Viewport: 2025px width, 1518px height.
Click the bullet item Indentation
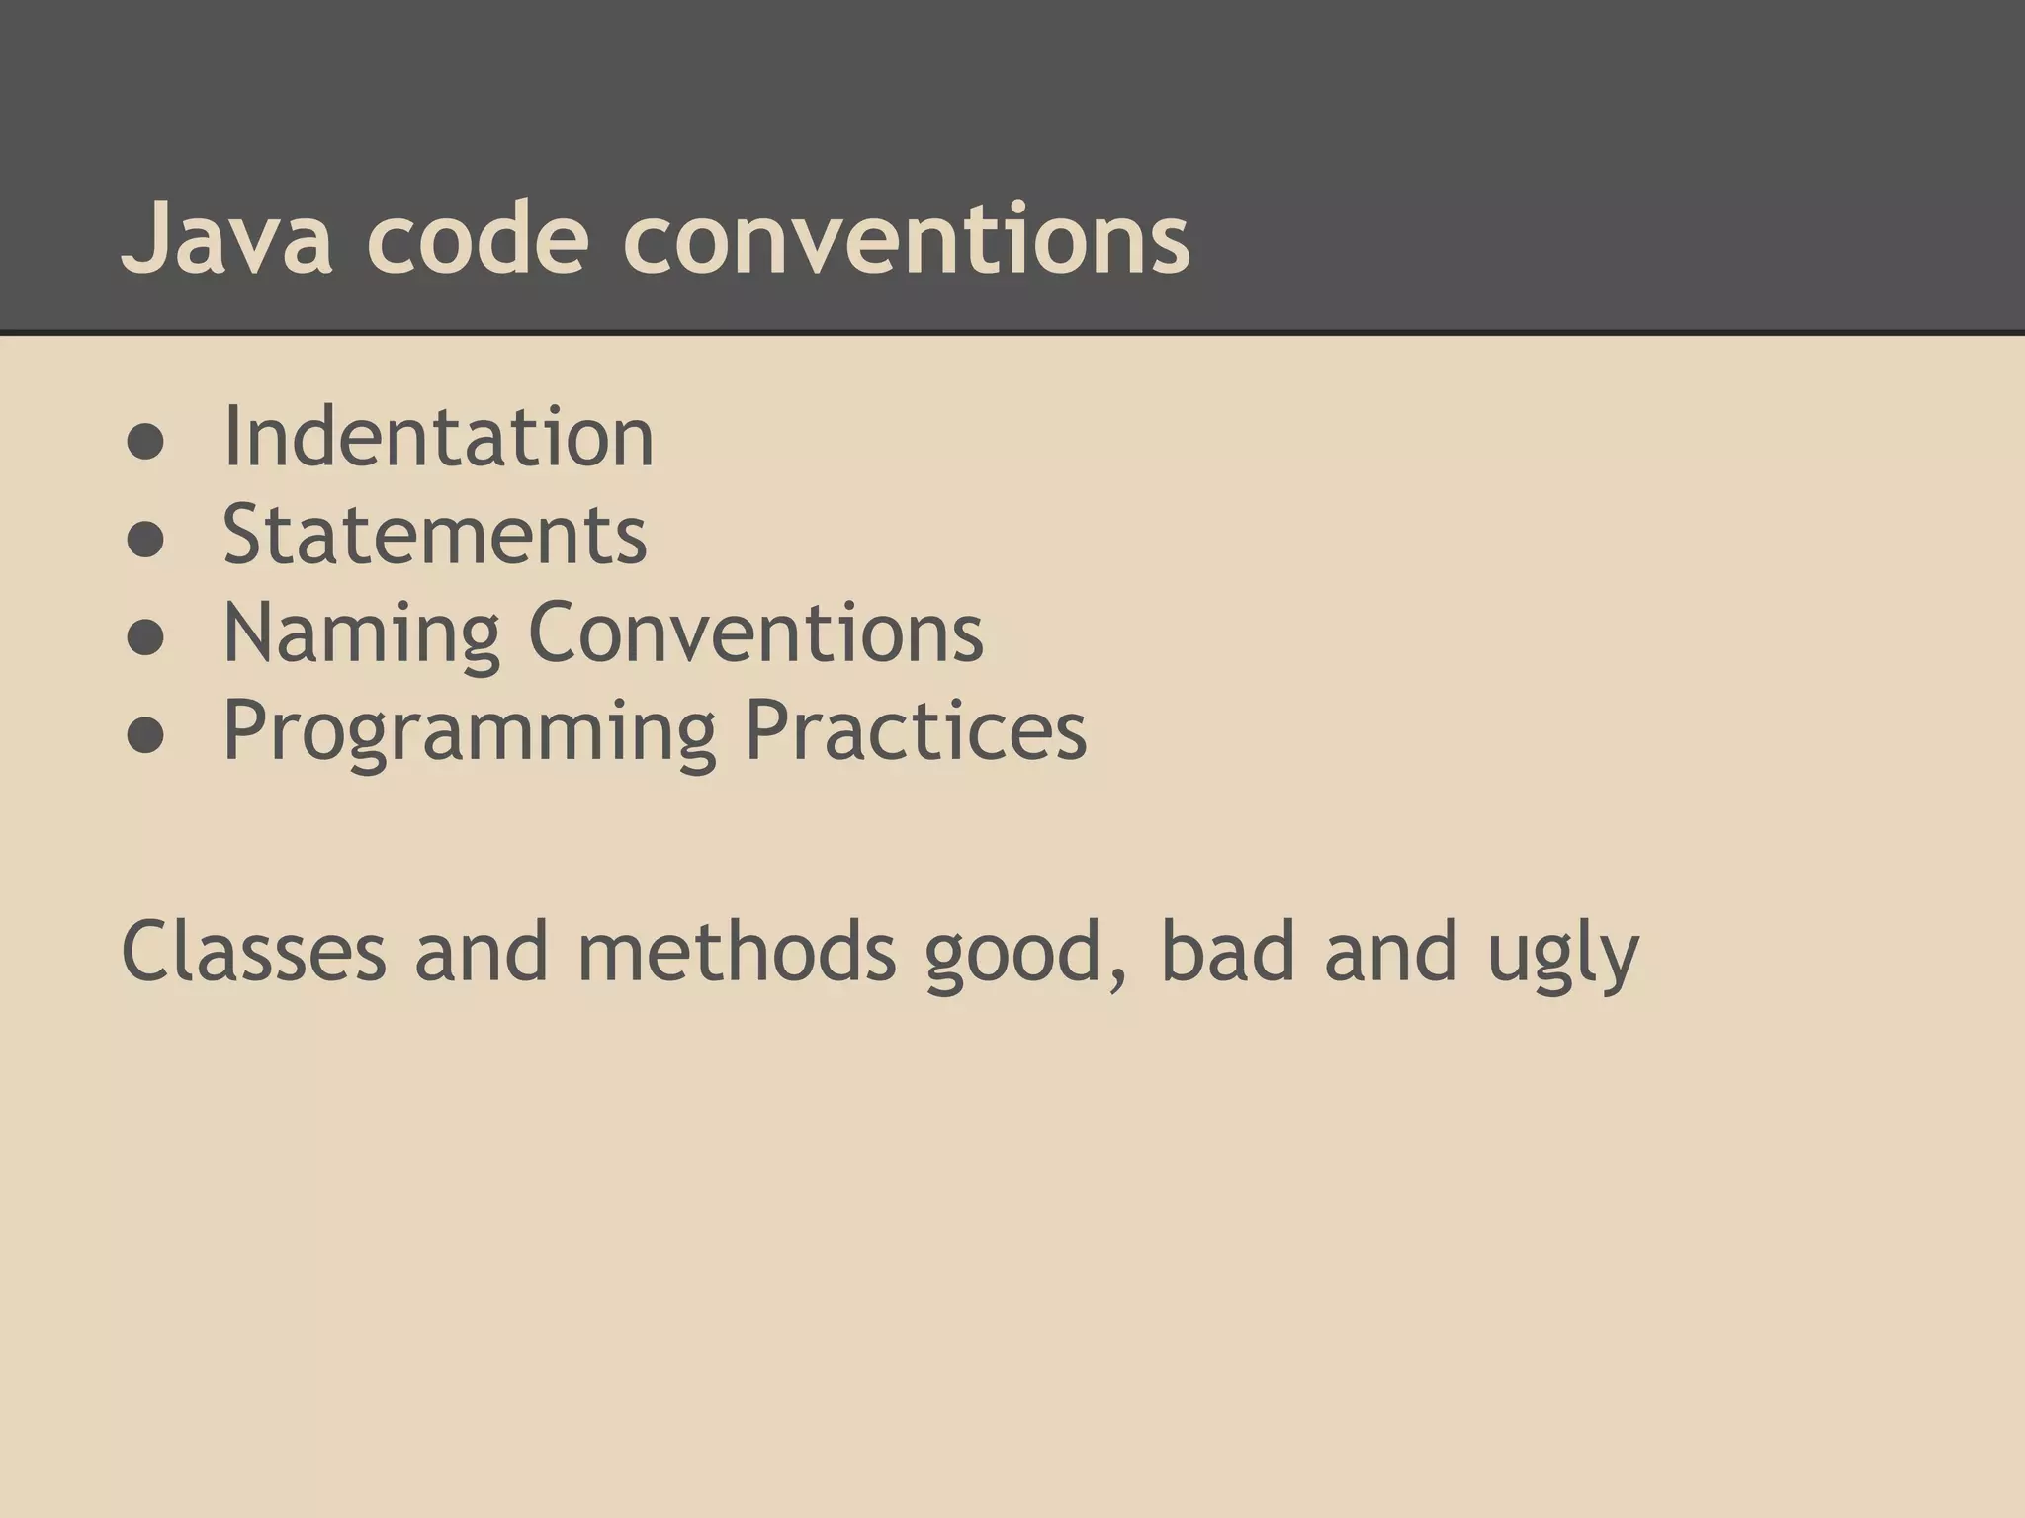pos(438,437)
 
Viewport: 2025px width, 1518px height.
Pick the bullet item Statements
pos(435,535)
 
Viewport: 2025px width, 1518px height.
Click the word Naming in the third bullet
pos(362,632)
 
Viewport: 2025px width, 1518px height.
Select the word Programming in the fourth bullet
pos(470,731)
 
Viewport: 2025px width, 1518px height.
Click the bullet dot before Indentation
pos(145,444)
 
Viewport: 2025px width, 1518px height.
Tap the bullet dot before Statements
pos(145,542)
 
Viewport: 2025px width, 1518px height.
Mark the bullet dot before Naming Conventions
pos(145,639)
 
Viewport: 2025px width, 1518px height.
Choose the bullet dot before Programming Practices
pos(145,737)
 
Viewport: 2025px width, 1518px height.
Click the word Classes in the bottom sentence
pos(253,951)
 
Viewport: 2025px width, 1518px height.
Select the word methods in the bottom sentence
pos(737,951)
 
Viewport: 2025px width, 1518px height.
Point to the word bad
pos(1227,951)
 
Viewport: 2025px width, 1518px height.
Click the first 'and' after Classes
pos(481,951)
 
